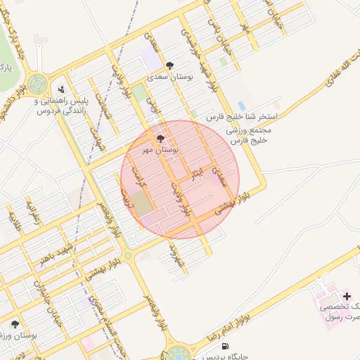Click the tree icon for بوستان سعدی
click(169, 65)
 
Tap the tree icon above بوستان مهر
click(160, 139)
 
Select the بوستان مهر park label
click(159, 150)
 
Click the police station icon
click(61, 90)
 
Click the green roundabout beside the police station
click(38, 84)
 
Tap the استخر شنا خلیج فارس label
click(243, 117)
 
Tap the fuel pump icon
click(225, 345)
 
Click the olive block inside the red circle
click(142, 203)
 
